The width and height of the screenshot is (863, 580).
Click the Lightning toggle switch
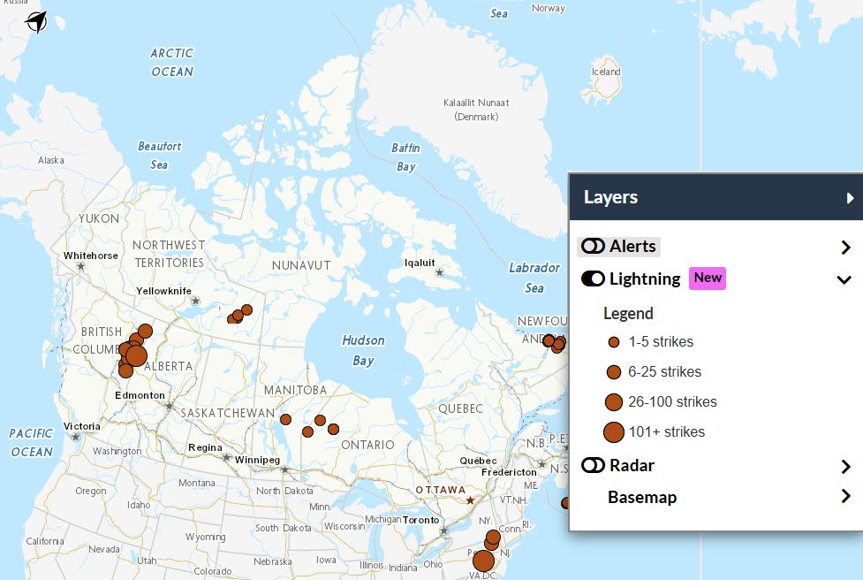(x=593, y=279)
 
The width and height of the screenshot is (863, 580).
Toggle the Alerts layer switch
(x=593, y=247)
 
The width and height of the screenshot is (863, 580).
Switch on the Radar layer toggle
(x=593, y=465)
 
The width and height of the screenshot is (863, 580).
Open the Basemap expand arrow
(x=845, y=497)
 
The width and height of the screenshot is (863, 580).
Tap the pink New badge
(x=708, y=279)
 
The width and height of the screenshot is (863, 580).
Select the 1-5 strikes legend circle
(x=614, y=342)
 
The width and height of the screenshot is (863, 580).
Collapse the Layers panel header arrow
(x=850, y=198)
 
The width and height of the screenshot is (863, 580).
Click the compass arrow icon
(x=36, y=21)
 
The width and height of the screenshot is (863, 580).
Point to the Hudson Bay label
(x=363, y=350)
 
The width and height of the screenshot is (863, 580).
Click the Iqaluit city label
(x=420, y=263)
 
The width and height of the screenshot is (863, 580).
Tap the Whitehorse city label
(x=91, y=256)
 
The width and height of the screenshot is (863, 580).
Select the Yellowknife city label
(x=163, y=291)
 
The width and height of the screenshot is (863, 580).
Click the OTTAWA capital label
(x=441, y=490)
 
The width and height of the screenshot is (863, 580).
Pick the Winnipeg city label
(x=257, y=461)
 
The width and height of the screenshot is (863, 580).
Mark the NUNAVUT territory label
(x=301, y=265)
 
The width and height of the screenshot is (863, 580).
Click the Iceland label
(x=606, y=72)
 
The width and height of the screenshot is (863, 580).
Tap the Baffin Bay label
(x=406, y=157)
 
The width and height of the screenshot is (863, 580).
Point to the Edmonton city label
(x=140, y=395)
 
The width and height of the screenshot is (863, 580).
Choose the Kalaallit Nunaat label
(x=476, y=103)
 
